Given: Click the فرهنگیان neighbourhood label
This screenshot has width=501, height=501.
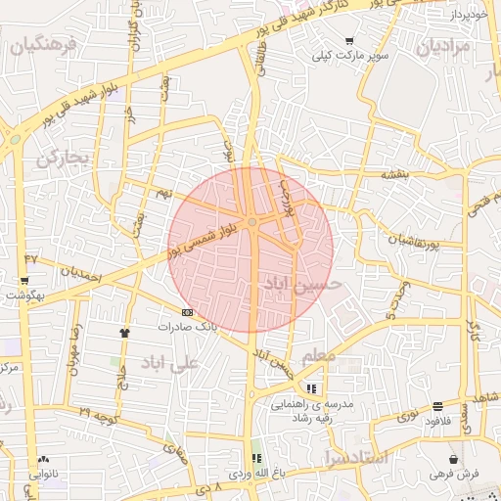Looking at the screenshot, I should pyautogui.click(x=40, y=45).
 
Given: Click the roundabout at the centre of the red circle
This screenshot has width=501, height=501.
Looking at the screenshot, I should pyautogui.click(x=252, y=224).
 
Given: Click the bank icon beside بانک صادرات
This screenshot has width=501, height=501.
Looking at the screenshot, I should pyautogui.click(x=187, y=311).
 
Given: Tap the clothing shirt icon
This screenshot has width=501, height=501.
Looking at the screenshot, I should pyautogui.click(x=123, y=333).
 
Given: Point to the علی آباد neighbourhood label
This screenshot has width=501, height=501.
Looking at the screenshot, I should pyautogui.click(x=170, y=363).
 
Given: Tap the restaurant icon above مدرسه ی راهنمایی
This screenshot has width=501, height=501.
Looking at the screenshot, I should pyautogui.click(x=312, y=389).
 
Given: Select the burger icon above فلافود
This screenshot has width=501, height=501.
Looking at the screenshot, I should pyautogui.click(x=436, y=406).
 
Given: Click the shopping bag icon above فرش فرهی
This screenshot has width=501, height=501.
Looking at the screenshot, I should pyautogui.click(x=453, y=459).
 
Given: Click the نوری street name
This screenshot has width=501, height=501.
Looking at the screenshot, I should pyautogui.click(x=406, y=417).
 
